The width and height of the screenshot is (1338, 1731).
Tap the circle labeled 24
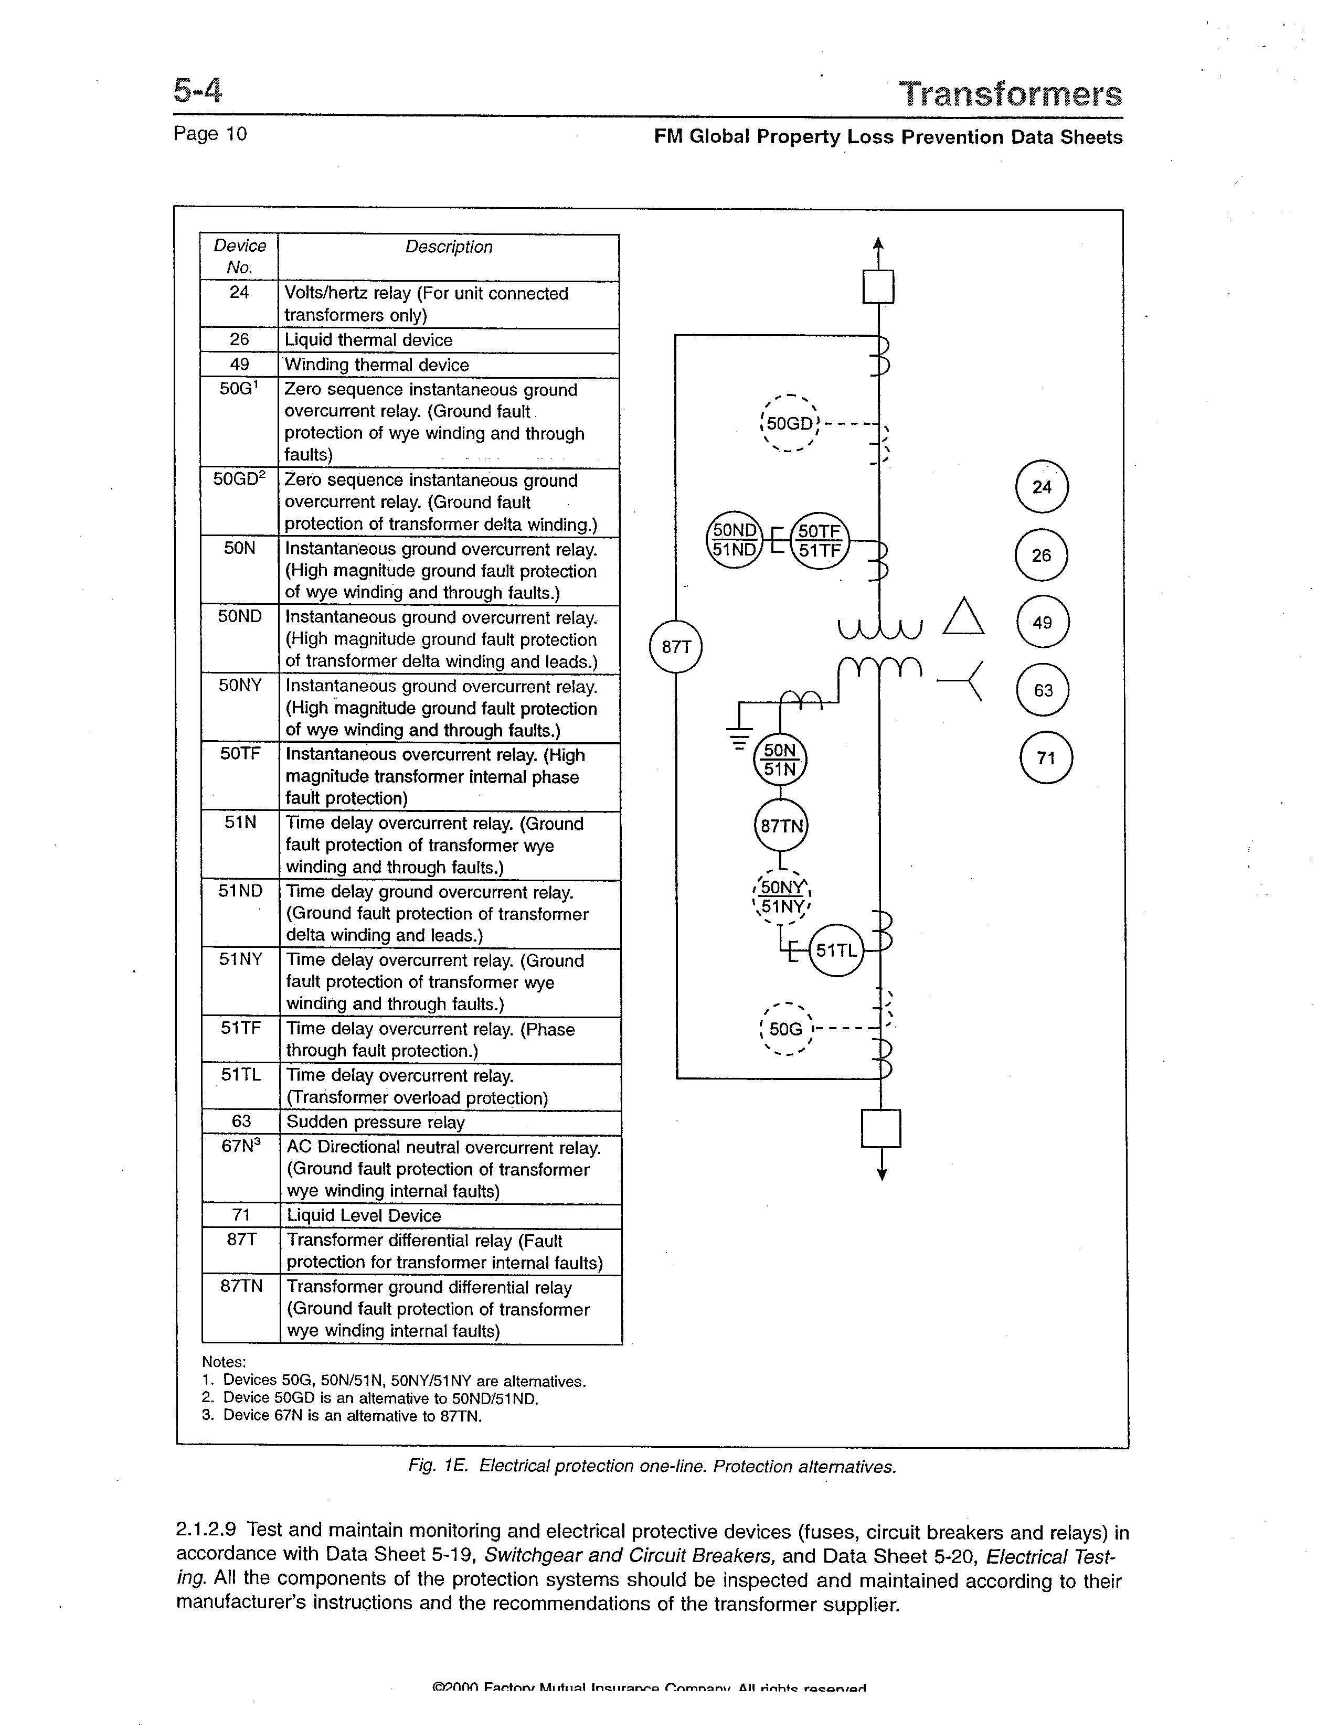tap(1042, 487)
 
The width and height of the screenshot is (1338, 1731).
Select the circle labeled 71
tap(1046, 758)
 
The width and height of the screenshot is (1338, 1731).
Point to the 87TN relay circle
tap(781, 826)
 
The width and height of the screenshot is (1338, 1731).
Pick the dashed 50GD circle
tap(789, 423)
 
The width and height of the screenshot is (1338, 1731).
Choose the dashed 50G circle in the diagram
tap(785, 1029)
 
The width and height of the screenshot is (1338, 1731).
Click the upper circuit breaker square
tap(878, 287)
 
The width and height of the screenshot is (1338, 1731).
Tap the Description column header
tap(449, 247)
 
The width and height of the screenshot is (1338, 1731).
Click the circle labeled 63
tap(1043, 690)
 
